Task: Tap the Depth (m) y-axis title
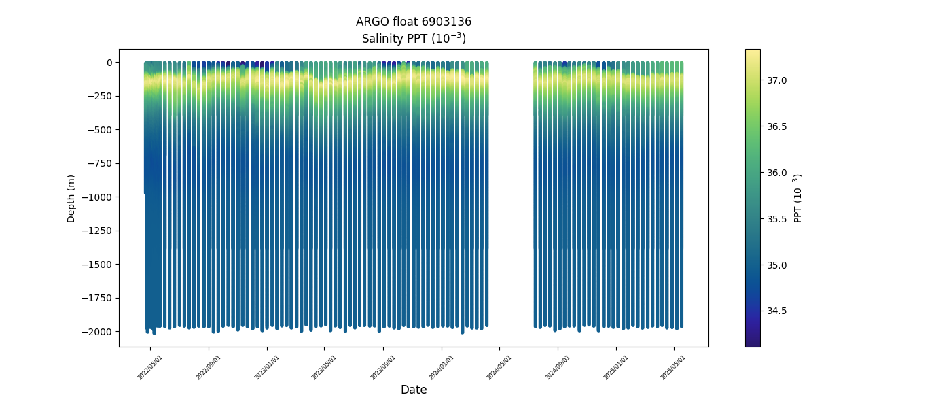pos(71,198)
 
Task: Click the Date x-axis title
pos(414,390)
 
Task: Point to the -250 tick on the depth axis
pos(100,96)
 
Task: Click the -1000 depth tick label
pos(98,197)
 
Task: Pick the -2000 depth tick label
pos(98,332)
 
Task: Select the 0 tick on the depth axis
pos(109,63)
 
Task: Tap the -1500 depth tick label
pos(98,265)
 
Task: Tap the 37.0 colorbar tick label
pos(777,80)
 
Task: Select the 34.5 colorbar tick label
pos(777,311)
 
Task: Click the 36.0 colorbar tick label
pos(777,173)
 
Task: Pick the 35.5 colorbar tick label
pos(777,219)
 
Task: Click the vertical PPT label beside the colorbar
pos(798,198)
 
